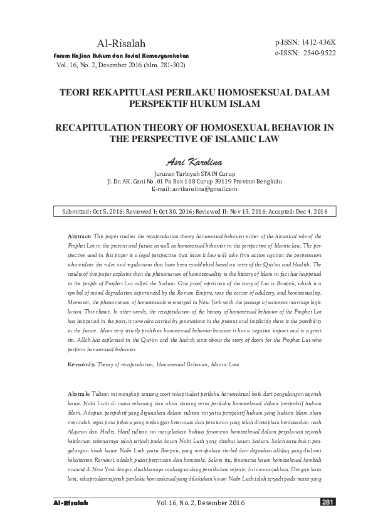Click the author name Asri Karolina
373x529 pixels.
pos(186,162)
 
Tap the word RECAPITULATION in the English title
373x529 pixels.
pos(97,127)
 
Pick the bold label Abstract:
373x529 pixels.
pos(82,235)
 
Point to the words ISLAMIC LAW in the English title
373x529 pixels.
pos(246,139)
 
